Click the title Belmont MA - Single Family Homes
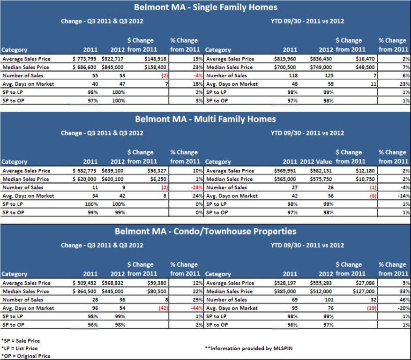(x=205, y=7)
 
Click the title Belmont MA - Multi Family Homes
(x=205, y=119)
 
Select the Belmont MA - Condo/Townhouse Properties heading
(x=205, y=232)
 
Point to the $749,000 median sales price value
(x=321, y=67)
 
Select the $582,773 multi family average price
(x=85, y=171)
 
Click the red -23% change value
(x=195, y=187)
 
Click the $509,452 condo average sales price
(x=85, y=283)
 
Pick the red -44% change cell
(x=195, y=308)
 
